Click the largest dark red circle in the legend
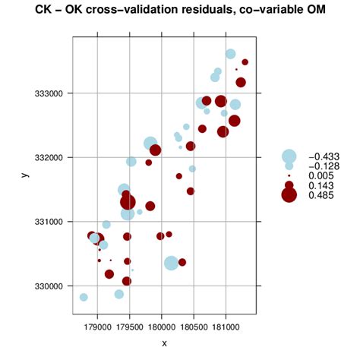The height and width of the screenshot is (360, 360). coord(289,195)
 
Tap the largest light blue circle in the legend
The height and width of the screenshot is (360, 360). coord(289,156)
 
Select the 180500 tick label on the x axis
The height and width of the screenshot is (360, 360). coord(194,325)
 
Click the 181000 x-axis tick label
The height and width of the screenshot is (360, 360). coord(226,325)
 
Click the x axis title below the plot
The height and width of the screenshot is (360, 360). coord(164,343)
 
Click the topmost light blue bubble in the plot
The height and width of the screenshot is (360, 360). coord(230,54)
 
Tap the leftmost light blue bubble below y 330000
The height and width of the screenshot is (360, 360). coord(84,297)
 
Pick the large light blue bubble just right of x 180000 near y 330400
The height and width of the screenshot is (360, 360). coord(171,263)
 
